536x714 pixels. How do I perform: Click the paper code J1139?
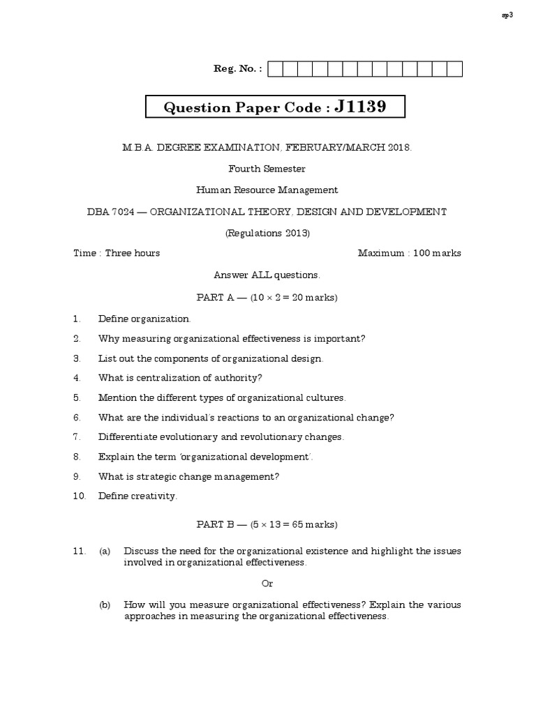(360, 107)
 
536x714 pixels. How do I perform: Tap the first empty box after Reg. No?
(274, 68)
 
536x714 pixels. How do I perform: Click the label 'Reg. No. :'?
(238, 68)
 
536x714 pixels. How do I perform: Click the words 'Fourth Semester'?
(267, 169)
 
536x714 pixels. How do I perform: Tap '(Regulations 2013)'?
(267, 233)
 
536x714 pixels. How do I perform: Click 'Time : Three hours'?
(117, 253)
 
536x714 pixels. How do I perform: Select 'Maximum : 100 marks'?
(409, 253)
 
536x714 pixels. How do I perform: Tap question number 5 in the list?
(77, 398)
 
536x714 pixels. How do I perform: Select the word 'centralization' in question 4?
(157, 378)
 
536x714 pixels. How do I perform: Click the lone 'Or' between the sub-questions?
(267, 583)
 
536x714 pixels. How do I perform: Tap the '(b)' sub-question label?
(105, 605)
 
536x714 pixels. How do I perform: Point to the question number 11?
(79, 551)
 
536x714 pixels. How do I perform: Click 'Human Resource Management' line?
(267, 190)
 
